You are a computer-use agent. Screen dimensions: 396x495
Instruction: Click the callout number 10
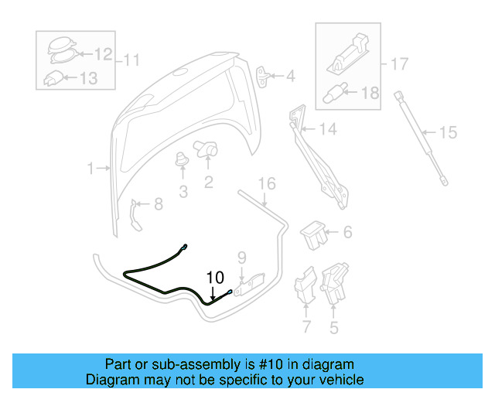coord(214,275)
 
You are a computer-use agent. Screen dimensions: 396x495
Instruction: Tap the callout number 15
coord(449,132)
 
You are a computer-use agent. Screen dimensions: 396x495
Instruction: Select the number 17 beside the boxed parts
coord(398,64)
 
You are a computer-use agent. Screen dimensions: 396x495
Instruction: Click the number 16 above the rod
coord(266,183)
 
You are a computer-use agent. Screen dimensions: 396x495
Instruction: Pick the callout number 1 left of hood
coord(90,168)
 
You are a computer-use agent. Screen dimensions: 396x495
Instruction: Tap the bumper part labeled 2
coord(207,147)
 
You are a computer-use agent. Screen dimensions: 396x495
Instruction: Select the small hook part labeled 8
coord(136,213)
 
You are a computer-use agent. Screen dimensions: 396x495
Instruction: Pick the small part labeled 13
coord(53,77)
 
